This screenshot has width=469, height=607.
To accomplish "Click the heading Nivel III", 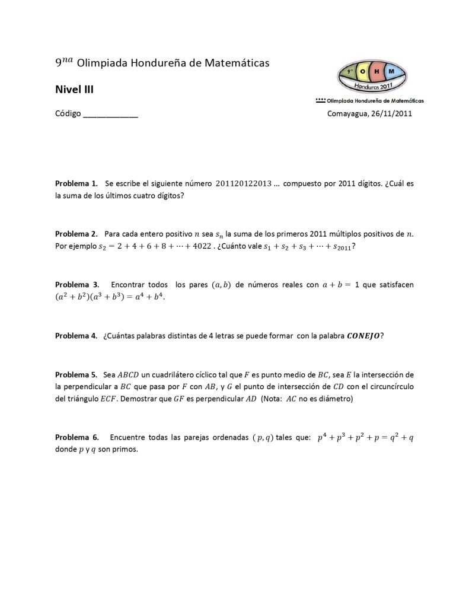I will coord(74,90).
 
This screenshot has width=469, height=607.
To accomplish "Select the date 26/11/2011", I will coord(391,114).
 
